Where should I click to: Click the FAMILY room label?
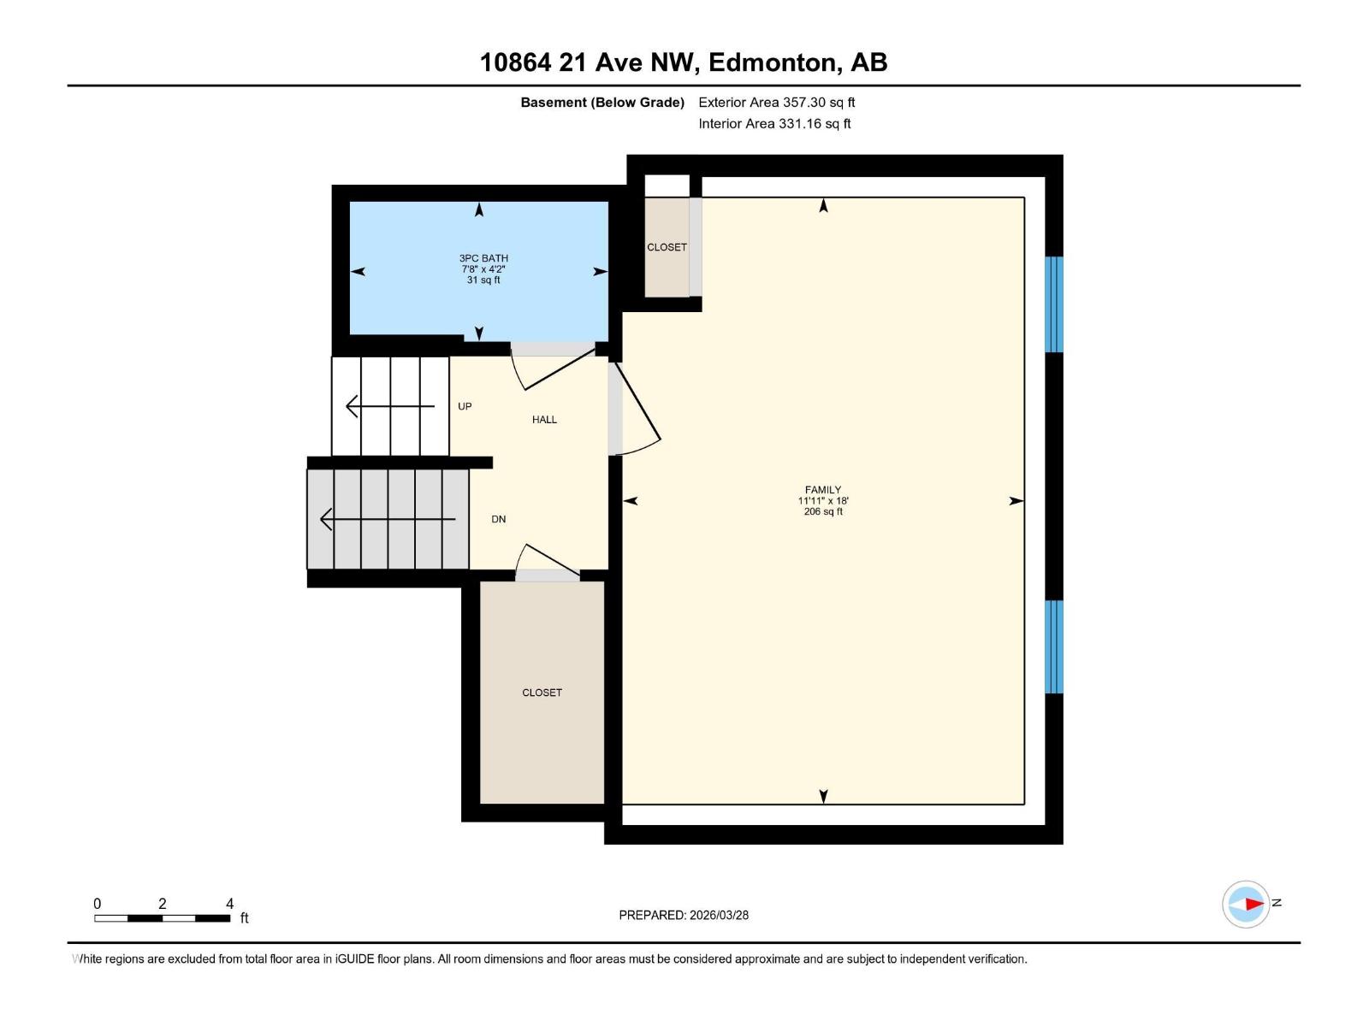coord(822,491)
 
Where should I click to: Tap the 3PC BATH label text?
coord(483,258)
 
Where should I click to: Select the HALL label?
coord(544,420)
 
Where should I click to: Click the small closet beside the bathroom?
coord(667,247)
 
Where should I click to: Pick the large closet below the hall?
coord(542,693)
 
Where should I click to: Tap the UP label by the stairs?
coord(465,406)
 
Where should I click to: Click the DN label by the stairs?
coord(498,519)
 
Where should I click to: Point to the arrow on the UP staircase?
coord(389,406)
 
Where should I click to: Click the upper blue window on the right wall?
coord(1054,304)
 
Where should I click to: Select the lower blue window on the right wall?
coord(1054,646)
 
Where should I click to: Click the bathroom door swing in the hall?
coord(552,368)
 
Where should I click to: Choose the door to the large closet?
coord(548,562)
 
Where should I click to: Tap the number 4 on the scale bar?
coord(229,904)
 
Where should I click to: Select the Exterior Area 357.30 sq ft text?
coord(776,103)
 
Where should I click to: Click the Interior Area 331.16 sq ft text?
coord(774,124)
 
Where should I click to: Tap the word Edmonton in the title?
coord(773,62)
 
